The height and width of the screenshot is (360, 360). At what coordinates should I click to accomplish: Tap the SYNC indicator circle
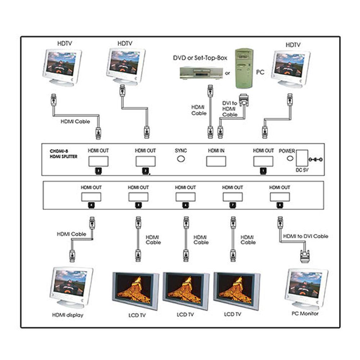pyautogui.click(x=181, y=158)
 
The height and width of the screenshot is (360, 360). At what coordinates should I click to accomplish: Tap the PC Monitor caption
pyautogui.click(x=305, y=314)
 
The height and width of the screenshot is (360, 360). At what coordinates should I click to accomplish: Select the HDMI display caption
pyautogui.click(x=68, y=315)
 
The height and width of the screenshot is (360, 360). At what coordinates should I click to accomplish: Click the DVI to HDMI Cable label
pyautogui.click(x=230, y=109)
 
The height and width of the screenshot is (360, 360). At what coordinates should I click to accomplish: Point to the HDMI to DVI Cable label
pyautogui.click(x=305, y=236)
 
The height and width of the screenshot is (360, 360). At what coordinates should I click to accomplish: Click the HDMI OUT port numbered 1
pyautogui.click(x=263, y=162)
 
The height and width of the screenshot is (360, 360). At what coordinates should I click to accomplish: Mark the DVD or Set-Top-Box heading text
pyautogui.click(x=200, y=58)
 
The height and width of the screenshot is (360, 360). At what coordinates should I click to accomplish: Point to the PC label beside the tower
pyautogui.click(x=260, y=72)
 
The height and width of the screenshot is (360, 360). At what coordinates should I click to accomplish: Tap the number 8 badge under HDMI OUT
pyautogui.click(x=279, y=205)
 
